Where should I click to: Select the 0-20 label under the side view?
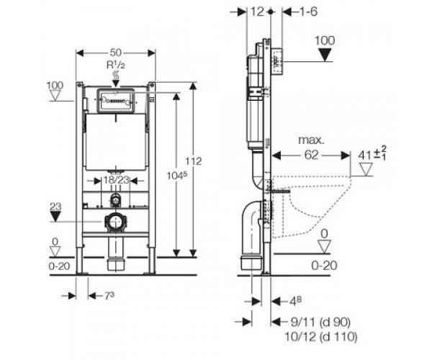click(x=326, y=266)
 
